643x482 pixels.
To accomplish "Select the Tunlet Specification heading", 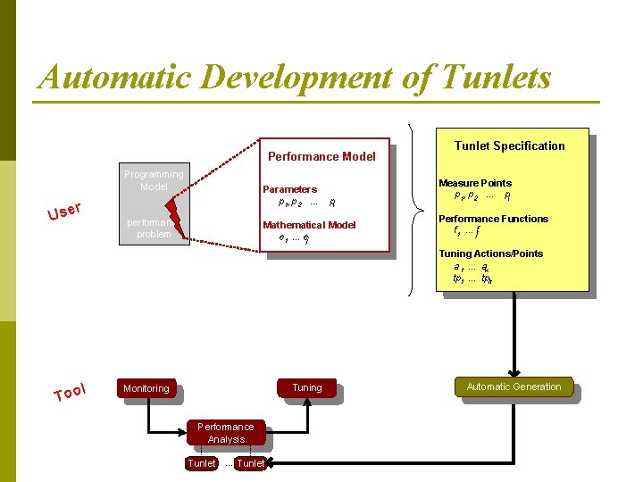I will coord(509,145).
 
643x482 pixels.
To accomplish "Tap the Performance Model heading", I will coord(321,156).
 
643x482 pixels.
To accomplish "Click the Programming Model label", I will coord(154,180).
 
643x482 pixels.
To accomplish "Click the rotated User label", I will coord(65,211).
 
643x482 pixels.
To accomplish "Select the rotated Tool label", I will coord(69,391).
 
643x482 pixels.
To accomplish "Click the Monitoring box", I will coord(146,388).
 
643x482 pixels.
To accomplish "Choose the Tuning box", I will coord(306,387).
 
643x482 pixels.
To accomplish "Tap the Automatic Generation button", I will coord(514,386).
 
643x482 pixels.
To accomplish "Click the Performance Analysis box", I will coord(226,433).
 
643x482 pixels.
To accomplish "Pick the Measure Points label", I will coord(475,183).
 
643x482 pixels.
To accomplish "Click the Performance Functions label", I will coord(493,219).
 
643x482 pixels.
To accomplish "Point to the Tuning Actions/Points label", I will coord(490,253).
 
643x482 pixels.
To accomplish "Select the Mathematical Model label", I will coord(309,225).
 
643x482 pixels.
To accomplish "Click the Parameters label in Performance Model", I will coord(289,189).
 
